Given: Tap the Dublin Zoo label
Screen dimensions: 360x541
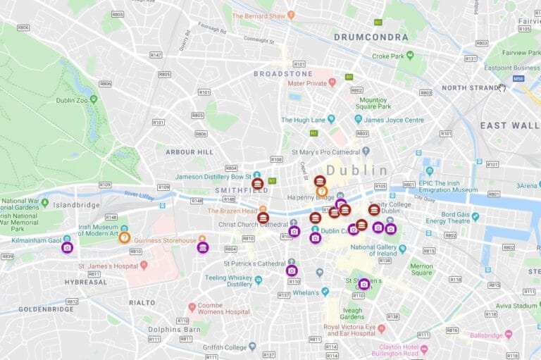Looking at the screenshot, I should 70,100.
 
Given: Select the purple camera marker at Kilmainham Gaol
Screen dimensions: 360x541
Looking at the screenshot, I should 67,248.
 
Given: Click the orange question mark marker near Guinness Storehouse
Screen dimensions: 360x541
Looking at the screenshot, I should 125,237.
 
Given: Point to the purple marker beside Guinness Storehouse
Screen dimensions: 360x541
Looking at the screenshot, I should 203,247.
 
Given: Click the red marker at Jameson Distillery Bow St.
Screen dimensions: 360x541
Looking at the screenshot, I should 258,184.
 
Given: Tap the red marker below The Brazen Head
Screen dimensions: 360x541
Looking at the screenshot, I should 263,218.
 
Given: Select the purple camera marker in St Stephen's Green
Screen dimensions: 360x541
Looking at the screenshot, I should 363,284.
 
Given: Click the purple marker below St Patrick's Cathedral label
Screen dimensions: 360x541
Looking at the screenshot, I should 292,271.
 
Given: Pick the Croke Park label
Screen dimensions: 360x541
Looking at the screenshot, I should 392,56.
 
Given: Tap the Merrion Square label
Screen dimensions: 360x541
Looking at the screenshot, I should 421,271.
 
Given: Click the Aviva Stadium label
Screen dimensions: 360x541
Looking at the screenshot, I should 515,306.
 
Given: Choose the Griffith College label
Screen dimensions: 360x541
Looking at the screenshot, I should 224,347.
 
